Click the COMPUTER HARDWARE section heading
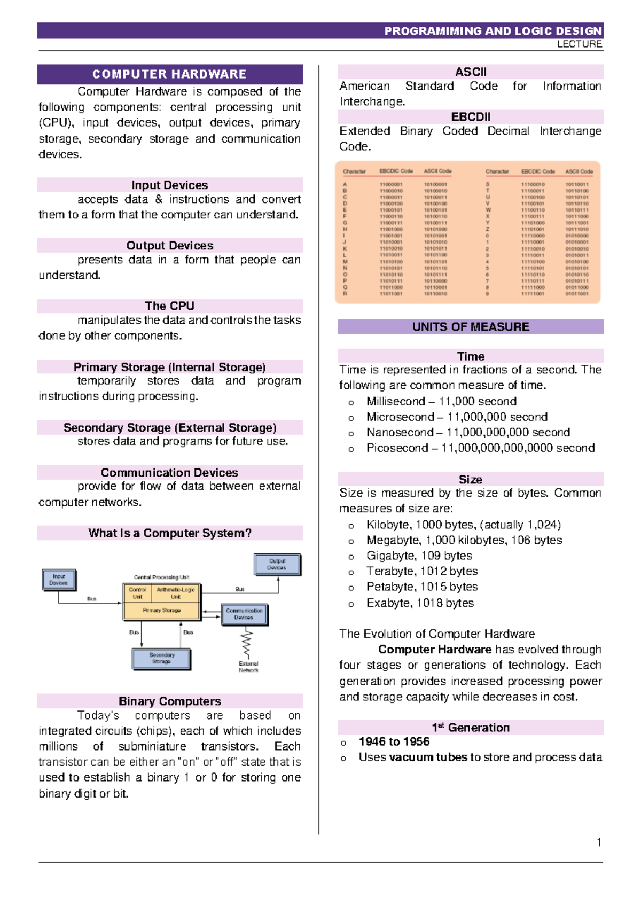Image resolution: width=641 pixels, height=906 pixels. tap(169, 74)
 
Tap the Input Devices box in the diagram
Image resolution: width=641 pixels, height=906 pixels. tap(59, 580)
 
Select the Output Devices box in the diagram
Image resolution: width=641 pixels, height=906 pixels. tap(277, 565)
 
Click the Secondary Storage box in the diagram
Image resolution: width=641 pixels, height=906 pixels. tap(161, 658)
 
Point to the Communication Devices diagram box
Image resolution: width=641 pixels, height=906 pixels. tap(244, 614)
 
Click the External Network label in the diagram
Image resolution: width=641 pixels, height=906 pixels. tap(248, 667)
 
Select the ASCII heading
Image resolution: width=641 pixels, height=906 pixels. tap(471, 72)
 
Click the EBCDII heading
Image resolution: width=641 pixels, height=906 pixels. tap(471, 117)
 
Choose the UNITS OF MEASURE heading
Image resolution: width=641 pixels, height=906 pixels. tap(471, 327)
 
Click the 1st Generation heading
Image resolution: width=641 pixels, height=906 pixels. tap(471, 728)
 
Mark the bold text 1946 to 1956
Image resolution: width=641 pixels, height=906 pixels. tap(394, 741)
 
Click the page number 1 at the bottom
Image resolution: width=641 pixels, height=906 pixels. tap(599, 842)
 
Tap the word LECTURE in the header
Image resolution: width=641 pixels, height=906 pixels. tap(580, 44)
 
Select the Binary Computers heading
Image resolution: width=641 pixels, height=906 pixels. tap(170, 701)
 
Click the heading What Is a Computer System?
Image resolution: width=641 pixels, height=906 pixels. tap(170, 533)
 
